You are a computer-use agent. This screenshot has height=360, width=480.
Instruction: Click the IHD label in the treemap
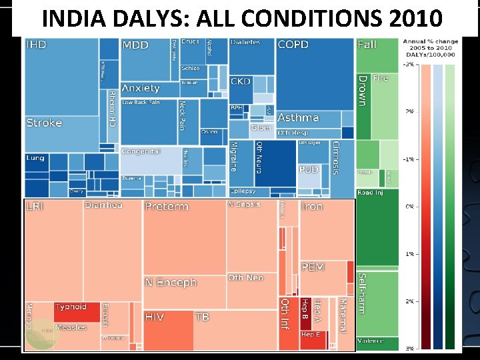tap(36, 45)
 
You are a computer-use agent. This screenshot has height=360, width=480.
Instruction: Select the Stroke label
tap(44, 123)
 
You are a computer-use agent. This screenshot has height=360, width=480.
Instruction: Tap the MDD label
tap(135, 45)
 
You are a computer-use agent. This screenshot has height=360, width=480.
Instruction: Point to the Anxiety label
tap(141, 88)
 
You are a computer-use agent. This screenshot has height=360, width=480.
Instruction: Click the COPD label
tap(293, 45)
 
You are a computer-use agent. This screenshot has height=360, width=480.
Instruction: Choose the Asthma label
tap(298, 117)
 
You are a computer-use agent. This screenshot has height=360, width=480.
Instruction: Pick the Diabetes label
tap(245, 42)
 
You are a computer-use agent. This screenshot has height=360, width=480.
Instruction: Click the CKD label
tap(241, 81)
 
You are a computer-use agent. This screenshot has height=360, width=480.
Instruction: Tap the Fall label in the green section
tap(367, 45)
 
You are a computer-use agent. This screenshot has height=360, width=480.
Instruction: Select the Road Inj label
tap(370, 193)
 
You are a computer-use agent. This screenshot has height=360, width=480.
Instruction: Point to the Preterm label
tap(167, 207)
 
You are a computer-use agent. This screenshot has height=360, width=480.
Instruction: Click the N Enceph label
tap(171, 283)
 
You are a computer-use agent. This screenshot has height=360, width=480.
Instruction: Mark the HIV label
tap(155, 317)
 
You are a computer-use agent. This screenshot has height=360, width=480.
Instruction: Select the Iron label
tap(312, 207)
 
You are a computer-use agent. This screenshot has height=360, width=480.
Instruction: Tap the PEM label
tap(313, 267)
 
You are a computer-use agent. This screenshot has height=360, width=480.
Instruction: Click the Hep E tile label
tap(311, 335)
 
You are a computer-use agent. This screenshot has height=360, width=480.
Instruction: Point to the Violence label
tap(370, 341)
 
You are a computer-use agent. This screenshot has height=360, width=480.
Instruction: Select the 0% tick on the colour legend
tap(409, 207)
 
